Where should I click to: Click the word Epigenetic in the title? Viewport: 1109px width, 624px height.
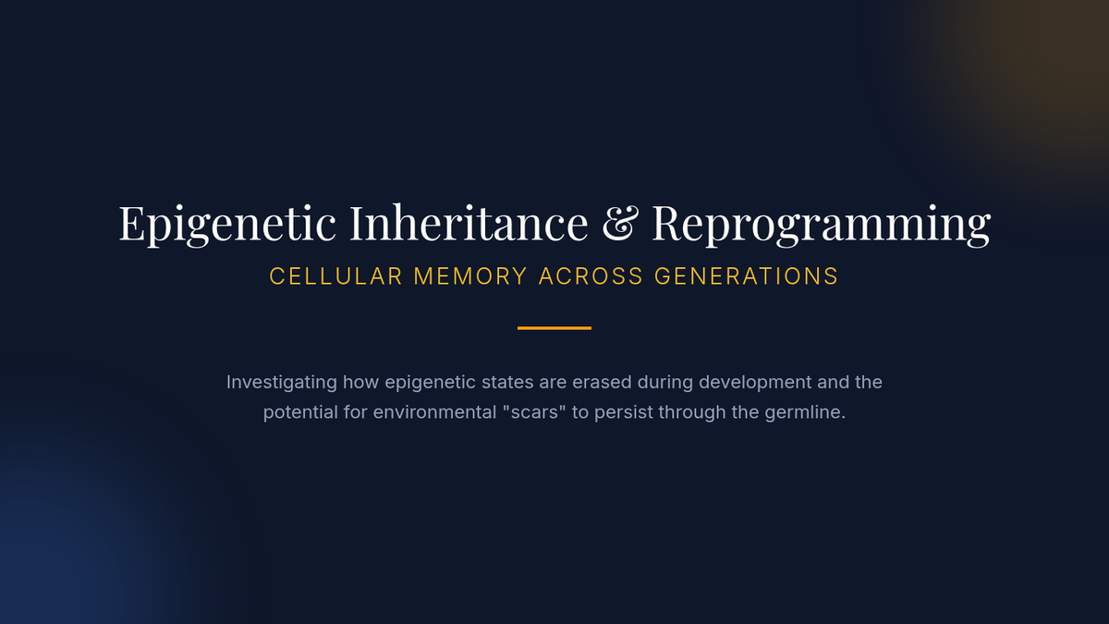point(227,225)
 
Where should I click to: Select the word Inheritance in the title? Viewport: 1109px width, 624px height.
point(469,223)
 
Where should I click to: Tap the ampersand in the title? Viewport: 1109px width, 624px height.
point(620,224)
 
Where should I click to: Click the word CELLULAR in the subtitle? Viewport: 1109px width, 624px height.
point(335,276)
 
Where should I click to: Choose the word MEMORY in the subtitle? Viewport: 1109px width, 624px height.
point(470,276)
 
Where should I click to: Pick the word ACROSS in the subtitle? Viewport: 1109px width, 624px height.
point(591,276)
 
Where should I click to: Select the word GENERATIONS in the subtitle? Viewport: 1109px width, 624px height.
point(747,276)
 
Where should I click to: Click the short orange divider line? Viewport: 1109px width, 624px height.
point(554,328)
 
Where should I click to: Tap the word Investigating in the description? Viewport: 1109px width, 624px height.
point(282,383)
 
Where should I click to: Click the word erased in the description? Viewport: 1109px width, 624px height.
point(602,383)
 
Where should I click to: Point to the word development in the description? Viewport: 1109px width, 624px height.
point(756,383)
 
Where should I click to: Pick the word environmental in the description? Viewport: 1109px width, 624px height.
point(434,412)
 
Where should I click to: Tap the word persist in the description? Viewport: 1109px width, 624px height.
point(624,412)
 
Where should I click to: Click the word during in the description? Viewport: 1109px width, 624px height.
point(665,383)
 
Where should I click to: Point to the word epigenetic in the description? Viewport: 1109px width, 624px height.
point(431,383)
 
